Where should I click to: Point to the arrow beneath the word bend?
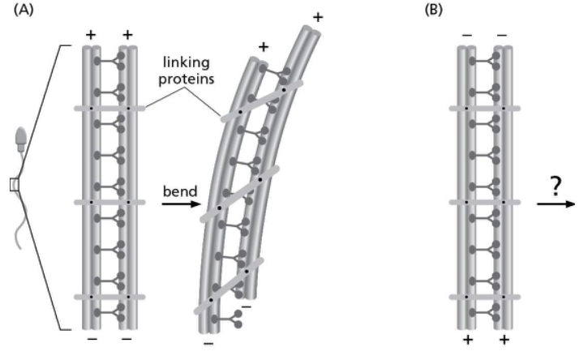pyautogui.click(x=179, y=204)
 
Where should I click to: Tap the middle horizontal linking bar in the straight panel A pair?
pyautogui.click(x=110, y=202)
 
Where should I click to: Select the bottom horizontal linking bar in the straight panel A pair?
pyautogui.click(x=110, y=298)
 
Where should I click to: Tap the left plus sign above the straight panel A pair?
pyautogui.click(x=92, y=36)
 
